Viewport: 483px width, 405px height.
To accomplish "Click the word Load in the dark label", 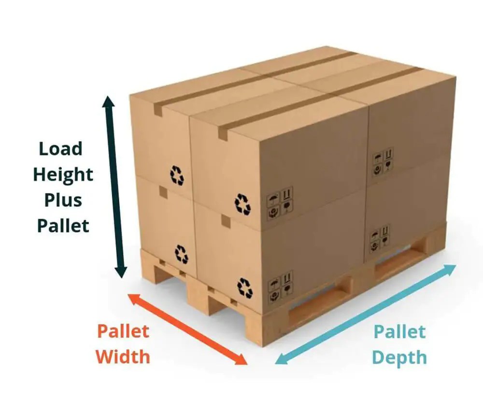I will [61, 149].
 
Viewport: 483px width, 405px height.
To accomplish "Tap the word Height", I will [63, 174].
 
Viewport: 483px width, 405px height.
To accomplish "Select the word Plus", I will [63, 200].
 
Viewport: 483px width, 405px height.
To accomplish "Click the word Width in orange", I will [123, 357].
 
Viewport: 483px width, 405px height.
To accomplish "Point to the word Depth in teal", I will [400, 358].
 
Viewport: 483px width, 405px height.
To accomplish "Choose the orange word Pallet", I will [123, 332].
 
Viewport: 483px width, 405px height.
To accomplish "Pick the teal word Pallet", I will [400, 332].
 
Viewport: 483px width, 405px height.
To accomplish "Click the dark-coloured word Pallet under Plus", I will [63, 225].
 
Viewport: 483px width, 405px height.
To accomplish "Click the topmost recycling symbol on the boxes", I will [177, 175].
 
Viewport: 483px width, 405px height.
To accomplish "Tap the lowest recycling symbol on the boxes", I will [245, 288].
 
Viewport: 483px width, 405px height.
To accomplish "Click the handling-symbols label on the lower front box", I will [280, 284].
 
